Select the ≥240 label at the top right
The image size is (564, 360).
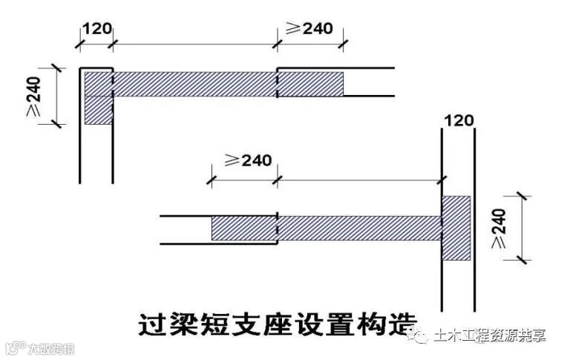[309, 28]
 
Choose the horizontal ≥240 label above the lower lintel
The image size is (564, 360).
[246, 160]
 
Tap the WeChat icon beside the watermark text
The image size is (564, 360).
[424, 336]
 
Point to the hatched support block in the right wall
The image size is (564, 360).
[456, 227]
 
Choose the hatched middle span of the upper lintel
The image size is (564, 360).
[194, 83]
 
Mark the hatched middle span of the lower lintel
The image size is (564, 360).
[359, 227]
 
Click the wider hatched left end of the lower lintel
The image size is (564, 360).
[244, 227]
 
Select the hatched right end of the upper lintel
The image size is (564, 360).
[310, 83]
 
